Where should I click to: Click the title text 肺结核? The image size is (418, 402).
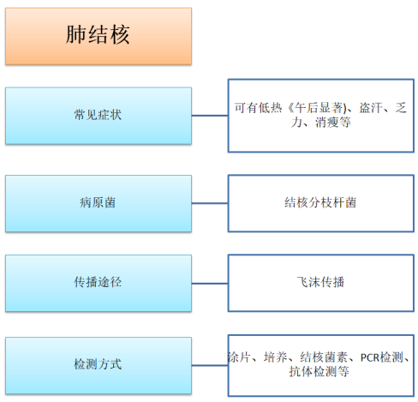[98, 34]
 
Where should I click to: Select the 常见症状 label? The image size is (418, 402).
[98, 115]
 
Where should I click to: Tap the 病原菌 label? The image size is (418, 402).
[98, 202]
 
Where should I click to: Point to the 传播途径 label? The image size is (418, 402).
[98, 282]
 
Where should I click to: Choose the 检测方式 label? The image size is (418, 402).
[98, 364]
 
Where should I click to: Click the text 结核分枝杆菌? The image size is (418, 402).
[320, 202]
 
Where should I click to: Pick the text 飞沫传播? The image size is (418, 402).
[320, 282]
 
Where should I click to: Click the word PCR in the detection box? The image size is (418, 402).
[370, 357]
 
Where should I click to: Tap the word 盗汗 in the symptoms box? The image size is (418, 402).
[371, 108]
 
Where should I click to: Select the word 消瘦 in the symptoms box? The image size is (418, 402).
[327, 123]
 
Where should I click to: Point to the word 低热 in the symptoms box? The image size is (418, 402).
[270, 108]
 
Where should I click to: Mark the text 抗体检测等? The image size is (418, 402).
[319, 372]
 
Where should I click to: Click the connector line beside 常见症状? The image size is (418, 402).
[210, 116]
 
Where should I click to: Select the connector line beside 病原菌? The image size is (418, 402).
[210, 203]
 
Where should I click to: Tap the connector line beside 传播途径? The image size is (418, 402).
[210, 284]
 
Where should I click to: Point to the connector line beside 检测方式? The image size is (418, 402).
[210, 365]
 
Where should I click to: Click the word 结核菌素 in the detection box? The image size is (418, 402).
[324, 357]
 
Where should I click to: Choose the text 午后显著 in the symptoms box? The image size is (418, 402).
[319, 108]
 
